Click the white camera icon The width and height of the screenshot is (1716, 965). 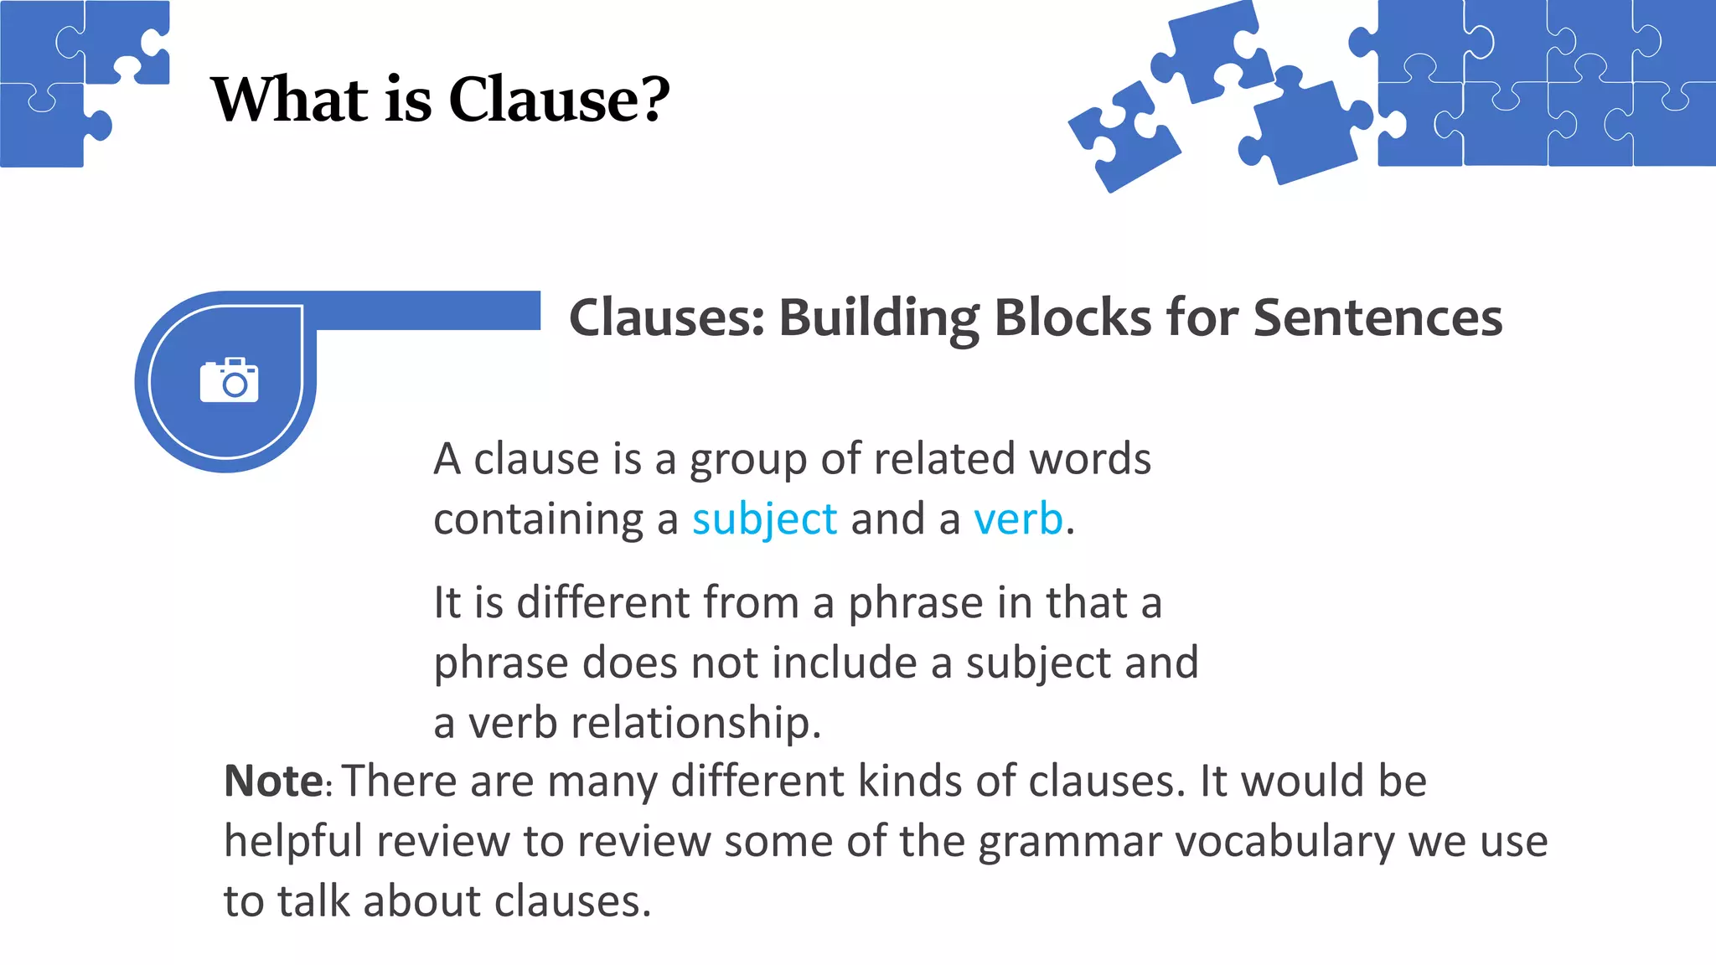click(x=229, y=381)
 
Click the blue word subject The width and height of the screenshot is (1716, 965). click(x=764, y=519)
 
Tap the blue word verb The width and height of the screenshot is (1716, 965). click(x=1018, y=519)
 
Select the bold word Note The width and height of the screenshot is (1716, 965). click(x=274, y=782)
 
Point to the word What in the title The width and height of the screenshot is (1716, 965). click(x=290, y=100)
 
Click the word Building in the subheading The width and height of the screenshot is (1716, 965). click(x=879, y=319)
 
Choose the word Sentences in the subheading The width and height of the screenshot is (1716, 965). click(x=1377, y=319)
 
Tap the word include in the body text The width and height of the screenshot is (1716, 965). click(x=845, y=663)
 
